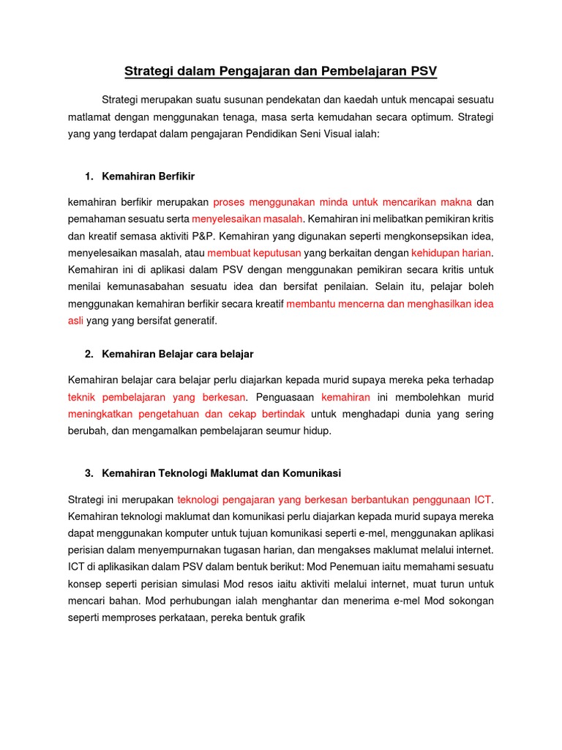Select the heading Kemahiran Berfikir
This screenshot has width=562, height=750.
click(x=149, y=177)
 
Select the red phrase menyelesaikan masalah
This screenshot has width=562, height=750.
click(x=247, y=219)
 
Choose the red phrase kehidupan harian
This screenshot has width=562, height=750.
click(x=452, y=253)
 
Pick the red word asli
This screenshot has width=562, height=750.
click(x=76, y=321)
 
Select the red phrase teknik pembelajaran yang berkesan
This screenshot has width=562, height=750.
click(x=158, y=397)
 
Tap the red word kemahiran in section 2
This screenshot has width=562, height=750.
click(x=345, y=397)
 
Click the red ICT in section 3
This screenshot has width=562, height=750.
click(x=482, y=500)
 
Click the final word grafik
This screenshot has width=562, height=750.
click(x=290, y=617)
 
